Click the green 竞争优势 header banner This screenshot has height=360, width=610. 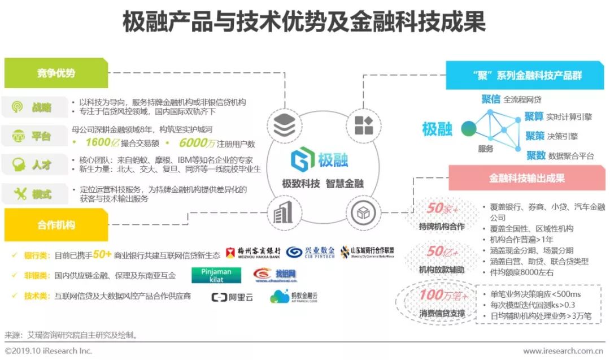(x=56, y=73)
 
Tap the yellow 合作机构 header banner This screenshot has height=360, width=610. (x=56, y=224)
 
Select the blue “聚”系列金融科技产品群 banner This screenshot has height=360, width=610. (x=525, y=75)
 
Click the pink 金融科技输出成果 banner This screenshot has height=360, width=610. (x=526, y=178)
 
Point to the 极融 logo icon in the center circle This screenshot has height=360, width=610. (x=302, y=160)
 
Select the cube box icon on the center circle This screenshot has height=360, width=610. (x=360, y=213)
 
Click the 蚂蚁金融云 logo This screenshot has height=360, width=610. (x=294, y=297)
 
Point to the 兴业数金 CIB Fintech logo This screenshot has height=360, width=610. (x=310, y=253)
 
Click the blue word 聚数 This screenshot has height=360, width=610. (x=535, y=155)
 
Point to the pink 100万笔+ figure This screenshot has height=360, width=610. (x=443, y=294)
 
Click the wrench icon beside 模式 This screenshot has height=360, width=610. (x=20, y=194)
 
